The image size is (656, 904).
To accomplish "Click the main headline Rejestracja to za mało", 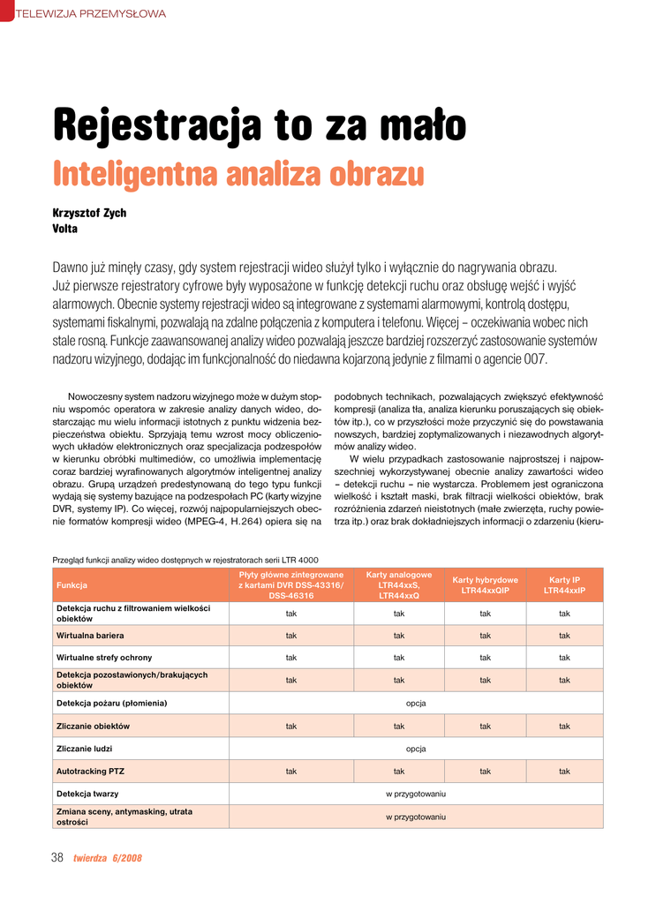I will coord(260,125).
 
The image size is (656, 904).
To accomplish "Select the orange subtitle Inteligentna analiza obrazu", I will coord(238,173).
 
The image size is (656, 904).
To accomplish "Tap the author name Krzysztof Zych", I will coord(89,213).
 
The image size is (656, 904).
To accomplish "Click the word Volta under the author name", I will coord(65,229).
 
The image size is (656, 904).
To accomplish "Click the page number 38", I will coord(57,857).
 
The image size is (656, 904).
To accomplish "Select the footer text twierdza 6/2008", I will coord(107,858).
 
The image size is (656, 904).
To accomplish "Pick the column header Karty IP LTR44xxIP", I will coord(564,584).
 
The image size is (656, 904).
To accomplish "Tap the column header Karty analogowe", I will coord(398,584).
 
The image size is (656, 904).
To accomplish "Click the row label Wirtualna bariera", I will coord(90,636).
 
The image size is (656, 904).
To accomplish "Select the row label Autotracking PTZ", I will coord(90,771).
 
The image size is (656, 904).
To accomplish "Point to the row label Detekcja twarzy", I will coord(87,794).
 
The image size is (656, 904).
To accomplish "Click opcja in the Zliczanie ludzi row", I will coord(416,749).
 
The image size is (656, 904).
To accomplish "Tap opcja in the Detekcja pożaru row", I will coord(416,703).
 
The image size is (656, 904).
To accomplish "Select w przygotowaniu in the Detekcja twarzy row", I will coord(416,794).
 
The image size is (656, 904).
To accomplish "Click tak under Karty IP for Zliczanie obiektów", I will coord(564,726).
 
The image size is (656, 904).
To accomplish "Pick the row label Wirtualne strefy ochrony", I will coord(104,658).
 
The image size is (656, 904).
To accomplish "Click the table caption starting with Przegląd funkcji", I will coord(185,560).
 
